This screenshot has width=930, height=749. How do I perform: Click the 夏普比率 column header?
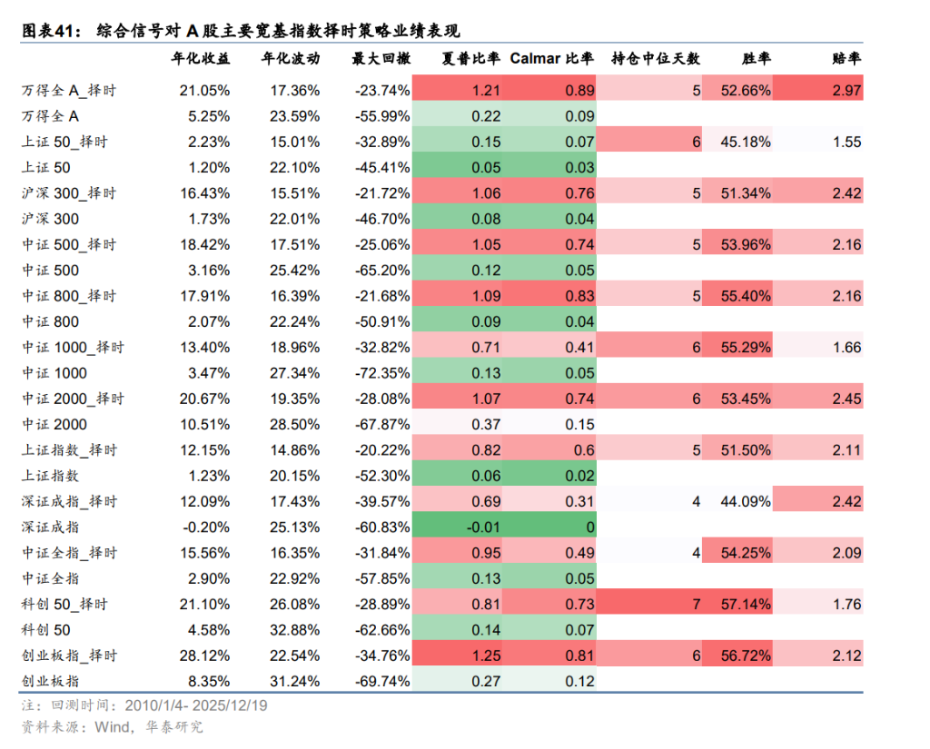pos(470,59)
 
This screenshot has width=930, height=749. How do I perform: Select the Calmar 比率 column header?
pos(551,59)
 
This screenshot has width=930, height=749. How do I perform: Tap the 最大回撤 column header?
pos(381,59)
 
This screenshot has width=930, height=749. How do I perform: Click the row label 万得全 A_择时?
pos(68,91)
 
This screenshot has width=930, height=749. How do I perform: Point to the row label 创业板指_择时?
pos(68,655)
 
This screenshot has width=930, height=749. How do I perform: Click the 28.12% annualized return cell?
pos(204,655)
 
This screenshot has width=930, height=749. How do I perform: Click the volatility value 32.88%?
pos(294,630)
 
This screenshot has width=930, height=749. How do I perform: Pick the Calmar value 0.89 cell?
pos(579,91)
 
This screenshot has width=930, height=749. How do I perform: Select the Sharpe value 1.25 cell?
pos(486,655)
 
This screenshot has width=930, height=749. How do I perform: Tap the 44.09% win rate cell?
pos(745,501)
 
